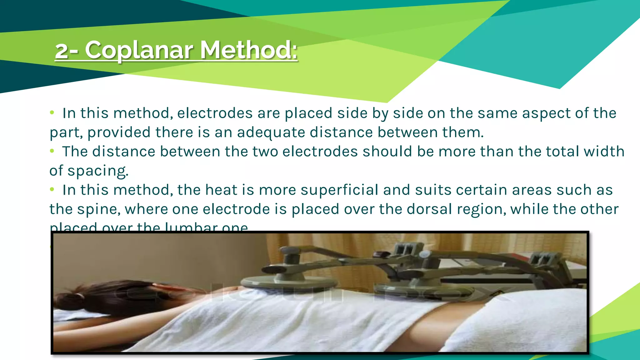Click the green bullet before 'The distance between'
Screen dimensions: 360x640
(x=52, y=151)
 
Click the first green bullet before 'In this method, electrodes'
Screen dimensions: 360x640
(x=52, y=113)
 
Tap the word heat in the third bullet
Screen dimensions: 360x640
(x=221, y=190)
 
